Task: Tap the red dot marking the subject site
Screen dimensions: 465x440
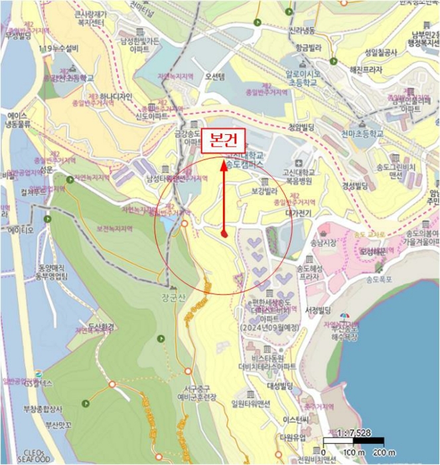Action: [x=225, y=233]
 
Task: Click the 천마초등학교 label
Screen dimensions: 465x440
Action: [x=362, y=133]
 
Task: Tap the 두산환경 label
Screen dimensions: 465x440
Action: [x=102, y=327]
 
